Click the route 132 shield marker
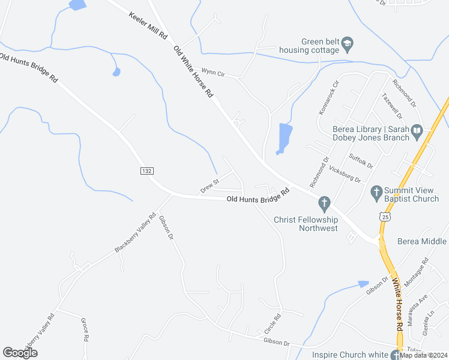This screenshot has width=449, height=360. coord(146,171)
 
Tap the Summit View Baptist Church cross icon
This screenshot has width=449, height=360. coord(376,193)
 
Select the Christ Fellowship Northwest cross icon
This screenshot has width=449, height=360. coord(325,204)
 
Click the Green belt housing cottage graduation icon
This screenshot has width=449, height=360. coord(348,44)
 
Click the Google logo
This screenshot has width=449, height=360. coord(20,352)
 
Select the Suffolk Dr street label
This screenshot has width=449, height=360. coord(361,160)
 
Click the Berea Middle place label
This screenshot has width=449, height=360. coord(423,241)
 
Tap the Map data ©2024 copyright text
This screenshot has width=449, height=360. coord(424,355)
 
